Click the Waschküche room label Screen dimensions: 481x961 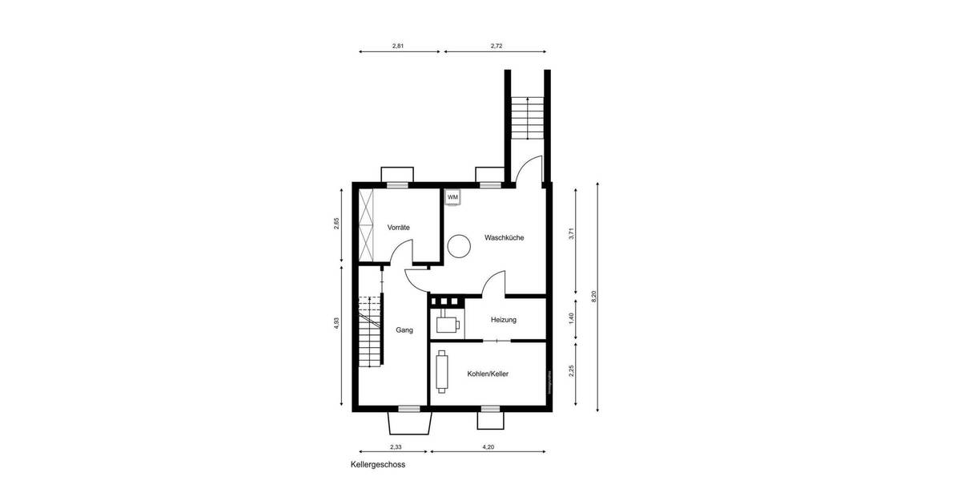pos(504,237)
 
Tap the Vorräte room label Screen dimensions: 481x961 pos(398,228)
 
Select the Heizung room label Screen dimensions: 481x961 pos(504,320)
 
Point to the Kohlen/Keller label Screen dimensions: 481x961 pos(488,374)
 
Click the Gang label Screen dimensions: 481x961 pos(404,329)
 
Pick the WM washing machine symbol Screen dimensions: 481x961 pos(452,197)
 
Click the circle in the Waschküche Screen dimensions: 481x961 pos(459,246)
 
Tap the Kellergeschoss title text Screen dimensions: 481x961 pos(378,464)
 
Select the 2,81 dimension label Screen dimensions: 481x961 pos(398,46)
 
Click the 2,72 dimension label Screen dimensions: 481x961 pos(497,46)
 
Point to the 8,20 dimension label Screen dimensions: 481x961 pos(593,296)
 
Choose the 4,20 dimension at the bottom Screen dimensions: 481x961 pos(488,447)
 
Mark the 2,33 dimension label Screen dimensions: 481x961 pos(396,447)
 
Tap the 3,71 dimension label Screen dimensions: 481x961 pos(571,235)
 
